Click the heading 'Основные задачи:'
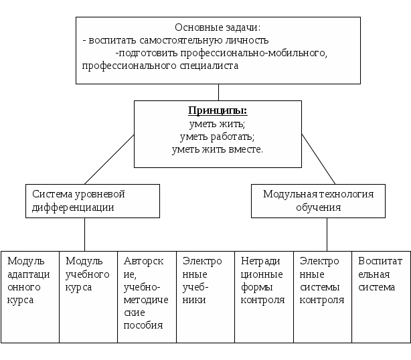tap(217, 27)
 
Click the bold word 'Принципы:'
tap(216, 111)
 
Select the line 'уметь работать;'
tap(216, 137)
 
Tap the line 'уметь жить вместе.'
tap(217, 149)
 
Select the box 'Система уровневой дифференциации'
tap(92, 200)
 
